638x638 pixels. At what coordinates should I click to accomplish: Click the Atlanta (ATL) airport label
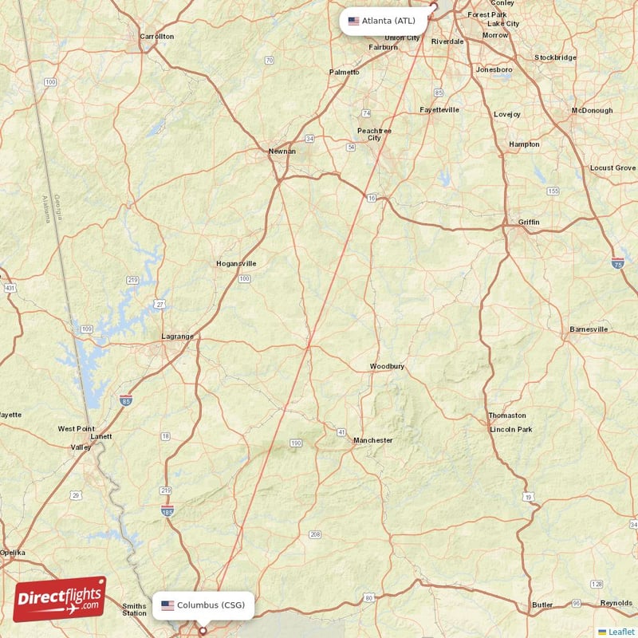388,21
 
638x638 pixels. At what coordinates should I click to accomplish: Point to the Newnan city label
282,151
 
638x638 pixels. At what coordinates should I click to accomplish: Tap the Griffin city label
528,222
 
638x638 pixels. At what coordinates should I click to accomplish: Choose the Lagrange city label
177,337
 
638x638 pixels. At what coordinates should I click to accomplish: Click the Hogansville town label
236,263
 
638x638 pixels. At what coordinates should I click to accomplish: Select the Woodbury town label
387,367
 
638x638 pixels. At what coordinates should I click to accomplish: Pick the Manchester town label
372,440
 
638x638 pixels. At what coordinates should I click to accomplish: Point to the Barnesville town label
589,329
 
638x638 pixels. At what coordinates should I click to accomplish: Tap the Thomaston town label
507,415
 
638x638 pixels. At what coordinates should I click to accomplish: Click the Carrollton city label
156,37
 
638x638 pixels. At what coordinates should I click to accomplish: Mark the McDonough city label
592,110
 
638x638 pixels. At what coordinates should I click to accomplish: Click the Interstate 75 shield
618,262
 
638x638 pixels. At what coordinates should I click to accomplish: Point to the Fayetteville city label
439,110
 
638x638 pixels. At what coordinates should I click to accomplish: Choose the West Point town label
76,429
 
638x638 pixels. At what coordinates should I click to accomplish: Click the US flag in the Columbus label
167,605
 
